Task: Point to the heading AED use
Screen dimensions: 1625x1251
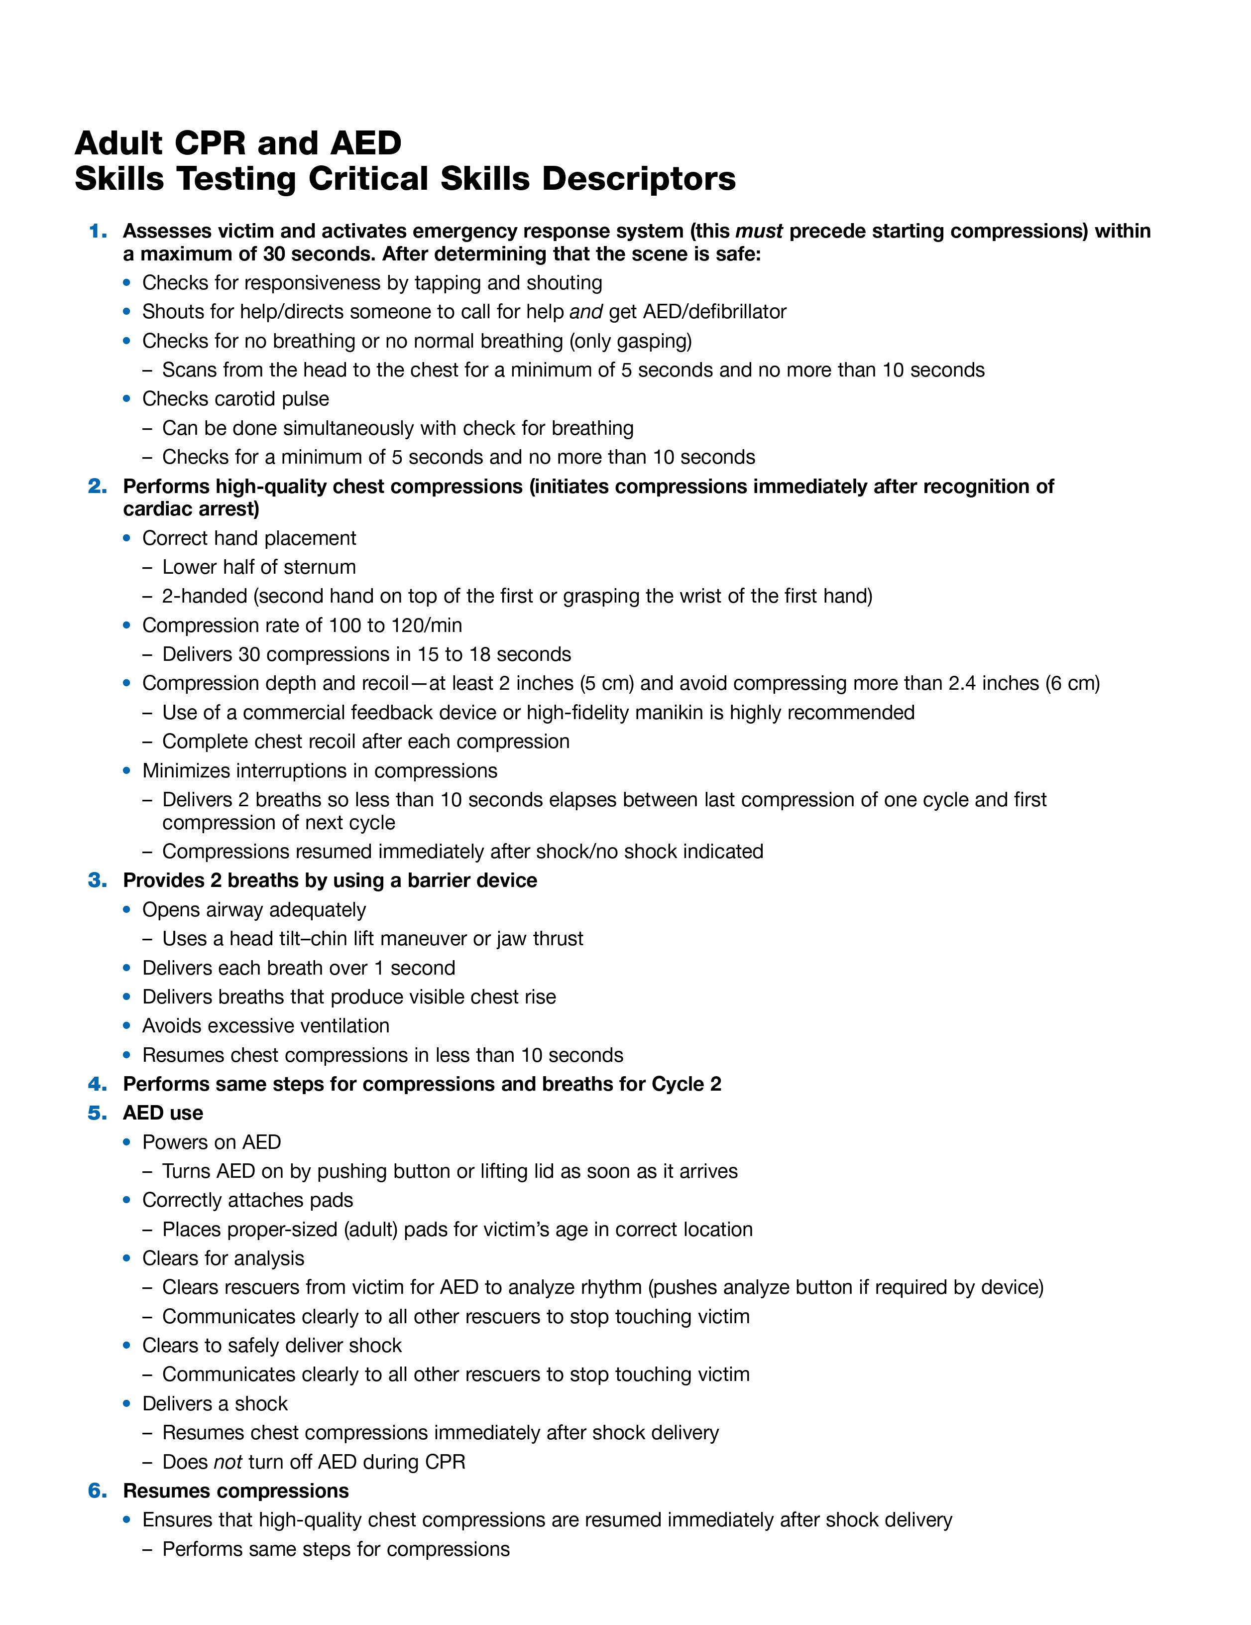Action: coord(163,1113)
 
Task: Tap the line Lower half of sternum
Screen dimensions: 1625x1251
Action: coord(259,567)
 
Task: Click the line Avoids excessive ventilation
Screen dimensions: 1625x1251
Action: coord(265,1026)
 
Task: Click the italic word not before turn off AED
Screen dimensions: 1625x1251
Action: coord(228,1462)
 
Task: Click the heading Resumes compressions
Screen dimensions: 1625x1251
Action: coord(236,1491)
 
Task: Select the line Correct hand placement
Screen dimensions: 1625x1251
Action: coord(249,538)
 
